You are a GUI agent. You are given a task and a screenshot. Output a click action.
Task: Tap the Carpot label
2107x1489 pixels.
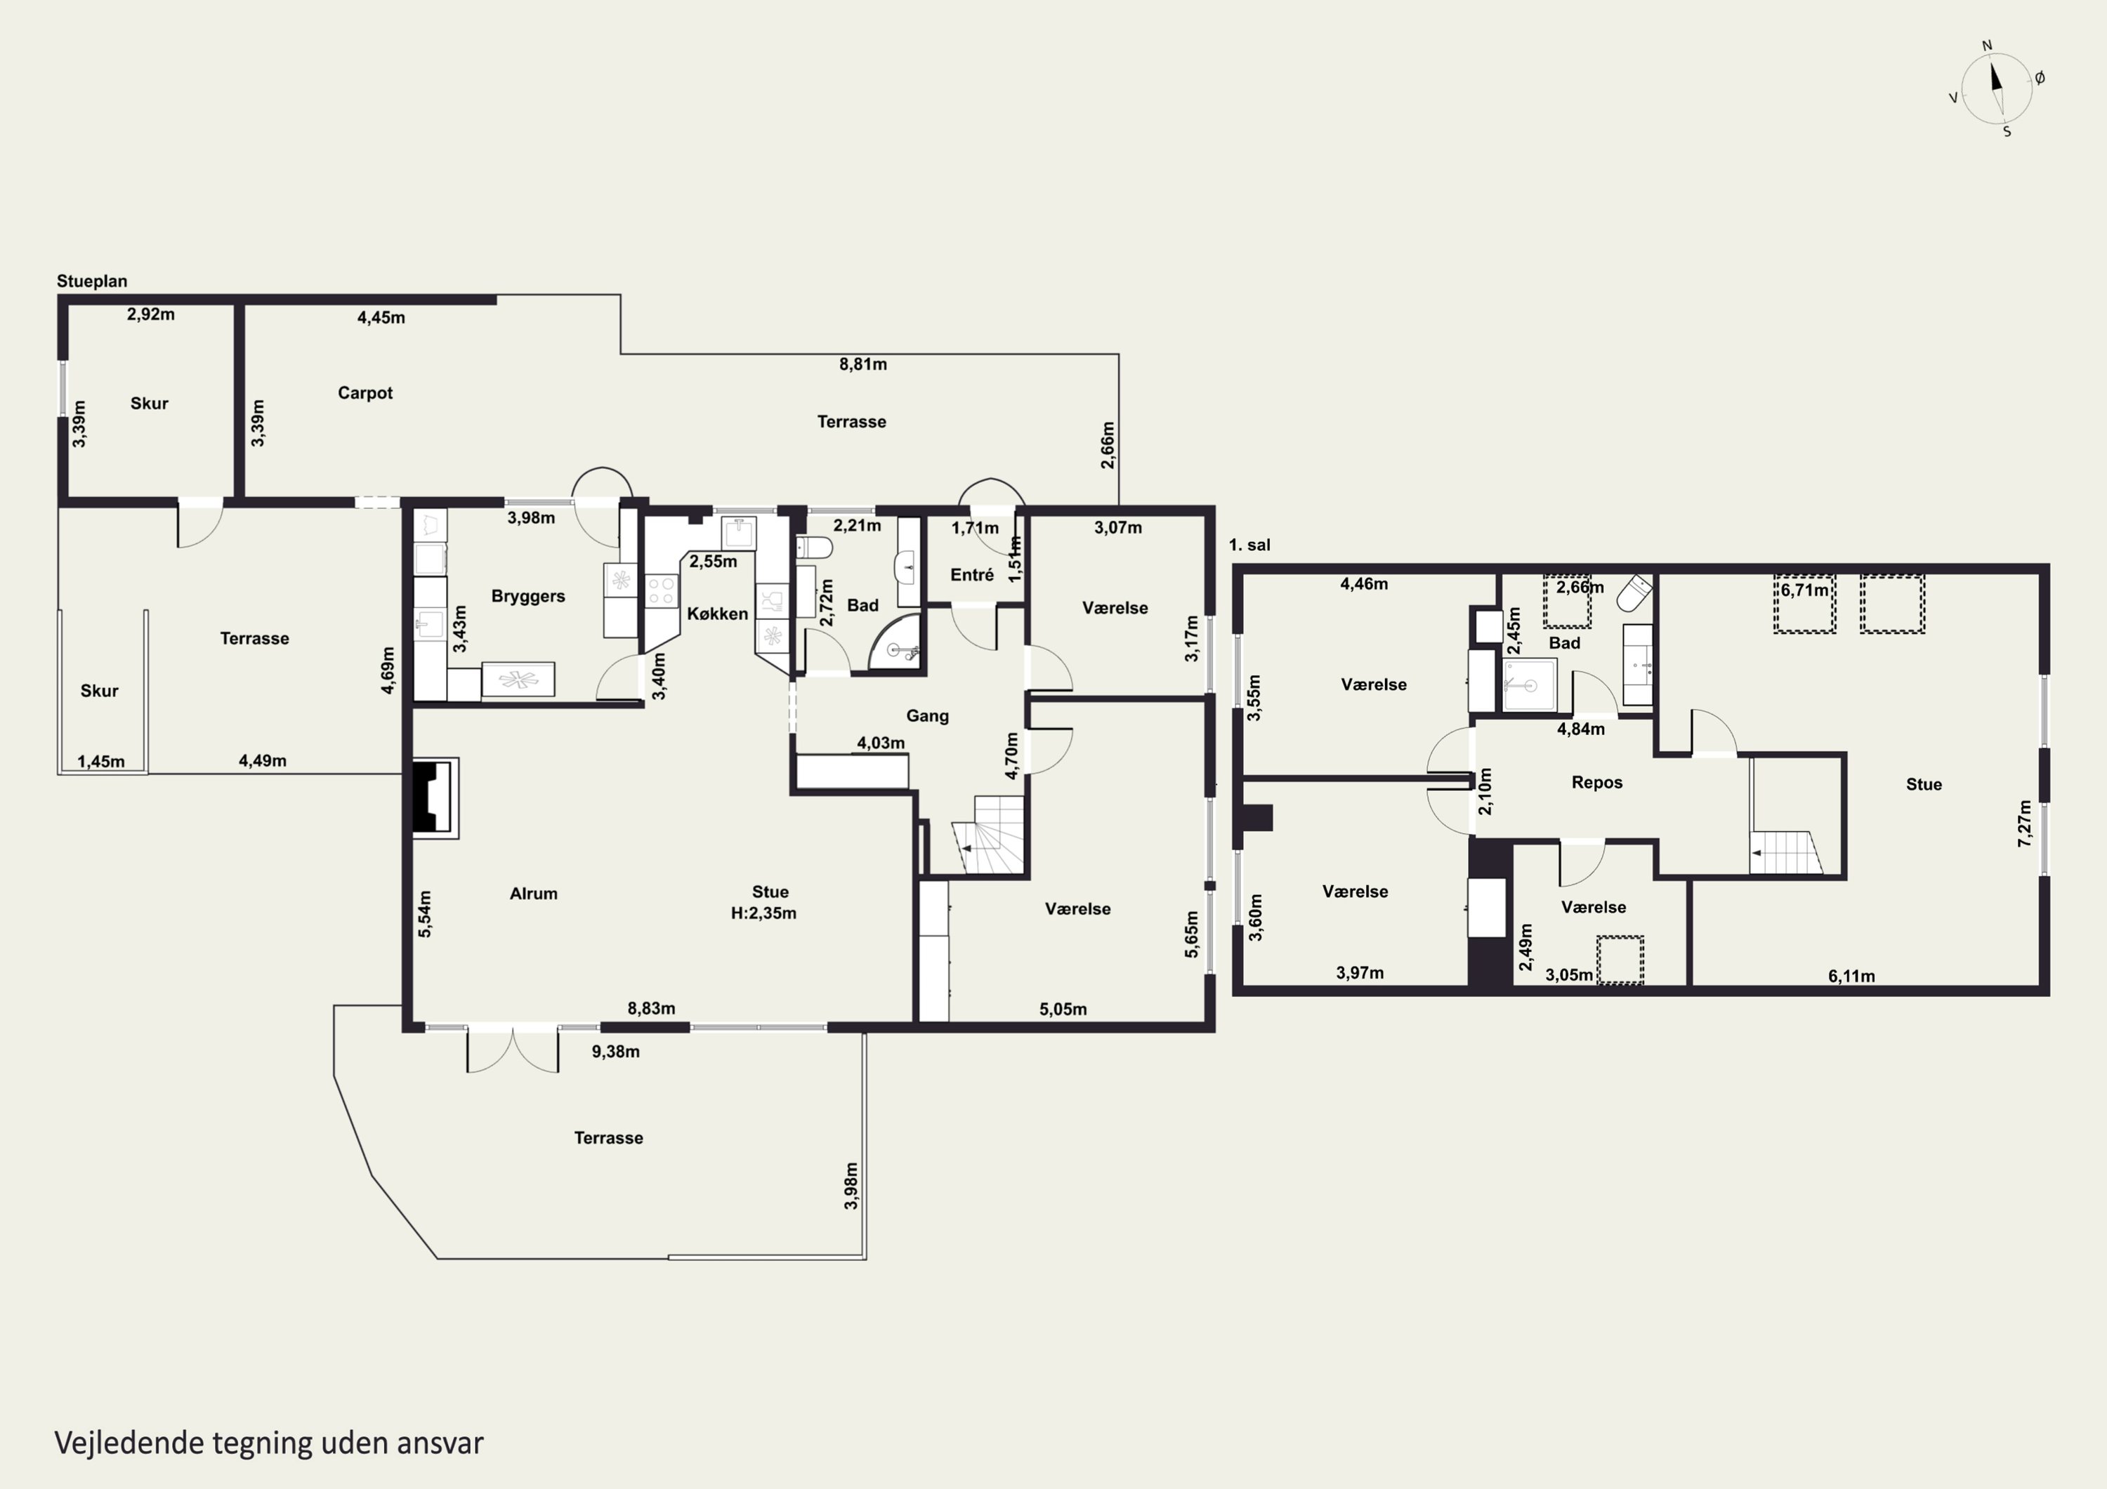pyautogui.click(x=365, y=392)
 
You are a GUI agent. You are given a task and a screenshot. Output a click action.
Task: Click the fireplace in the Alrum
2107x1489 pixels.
pyautogui.click(x=434, y=798)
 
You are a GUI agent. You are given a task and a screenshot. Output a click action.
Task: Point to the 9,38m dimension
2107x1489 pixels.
pyautogui.click(x=616, y=1052)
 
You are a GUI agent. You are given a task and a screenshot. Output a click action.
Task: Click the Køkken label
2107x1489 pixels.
pyautogui.click(x=718, y=614)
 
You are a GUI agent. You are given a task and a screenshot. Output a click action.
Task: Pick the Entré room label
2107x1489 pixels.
pyautogui.click(x=972, y=575)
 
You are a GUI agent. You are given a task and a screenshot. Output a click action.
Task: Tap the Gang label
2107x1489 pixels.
pyautogui.click(x=927, y=715)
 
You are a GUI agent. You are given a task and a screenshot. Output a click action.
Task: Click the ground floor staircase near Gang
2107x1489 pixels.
pyautogui.click(x=988, y=835)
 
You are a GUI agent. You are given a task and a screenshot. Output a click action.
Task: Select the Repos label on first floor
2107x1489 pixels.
pyautogui.click(x=1597, y=783)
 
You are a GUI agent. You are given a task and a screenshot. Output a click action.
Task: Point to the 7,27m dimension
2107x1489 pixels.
pyautogui.click(x=2024, y=823)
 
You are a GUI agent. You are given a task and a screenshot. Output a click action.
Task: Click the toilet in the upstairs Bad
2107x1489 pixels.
pyautogui.click(x=1634, y=594)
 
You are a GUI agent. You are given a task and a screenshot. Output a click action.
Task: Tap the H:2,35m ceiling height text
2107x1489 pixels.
pyautogui.click(x=763, y=913)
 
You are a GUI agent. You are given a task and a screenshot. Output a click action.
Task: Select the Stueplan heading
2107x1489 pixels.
pyautogui.click(x=92, y=282)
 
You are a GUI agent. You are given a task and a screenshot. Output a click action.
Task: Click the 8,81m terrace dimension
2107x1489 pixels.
pyautogui.click(x=862, y=364)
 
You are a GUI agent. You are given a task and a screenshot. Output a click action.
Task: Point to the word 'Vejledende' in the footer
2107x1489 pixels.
pyautogui.click(x=129, y=1443)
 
